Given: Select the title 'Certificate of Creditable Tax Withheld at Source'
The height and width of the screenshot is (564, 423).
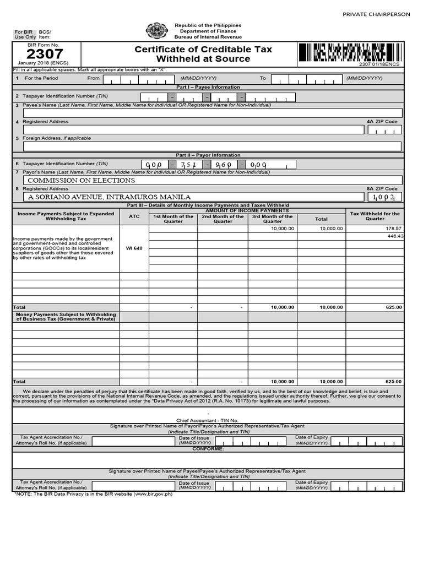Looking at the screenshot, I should point(203,54).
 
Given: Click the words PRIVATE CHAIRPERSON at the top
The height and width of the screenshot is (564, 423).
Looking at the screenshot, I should point(376,14).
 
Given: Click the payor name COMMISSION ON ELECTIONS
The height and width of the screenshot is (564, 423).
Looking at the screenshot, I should point(81,180).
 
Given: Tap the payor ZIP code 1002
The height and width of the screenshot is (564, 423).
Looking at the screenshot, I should point(384,197).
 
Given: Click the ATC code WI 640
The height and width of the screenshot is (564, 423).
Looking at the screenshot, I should point(134,248).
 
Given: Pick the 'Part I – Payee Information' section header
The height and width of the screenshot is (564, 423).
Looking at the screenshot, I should point(208,87).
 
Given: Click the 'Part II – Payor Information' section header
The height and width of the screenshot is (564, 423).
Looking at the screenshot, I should point(208,155).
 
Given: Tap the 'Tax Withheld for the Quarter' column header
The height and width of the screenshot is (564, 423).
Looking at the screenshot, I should point(375,216).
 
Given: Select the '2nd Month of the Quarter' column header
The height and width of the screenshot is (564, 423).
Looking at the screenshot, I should point(223,219).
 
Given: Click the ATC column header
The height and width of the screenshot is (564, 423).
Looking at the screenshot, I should point(134,216).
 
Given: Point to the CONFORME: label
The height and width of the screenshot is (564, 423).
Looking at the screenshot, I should point(208,449).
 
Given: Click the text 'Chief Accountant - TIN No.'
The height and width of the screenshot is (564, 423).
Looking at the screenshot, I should point(208,420).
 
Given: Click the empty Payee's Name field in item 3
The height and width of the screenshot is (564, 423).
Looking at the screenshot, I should point(212,113).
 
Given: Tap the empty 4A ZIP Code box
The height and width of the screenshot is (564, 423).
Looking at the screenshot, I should point(384,130).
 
